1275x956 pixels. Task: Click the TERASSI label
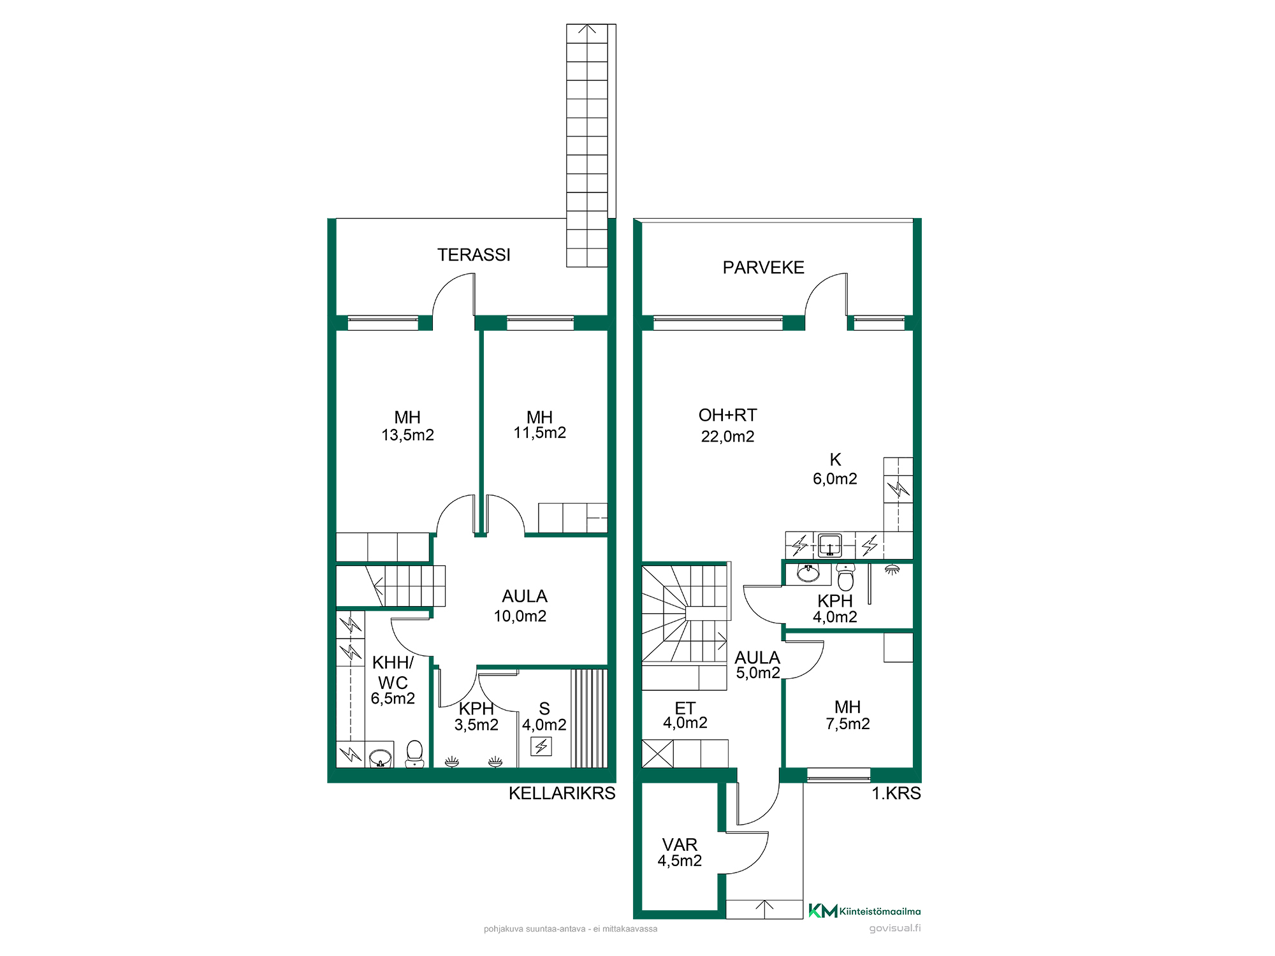474,255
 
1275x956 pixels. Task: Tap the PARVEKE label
763,268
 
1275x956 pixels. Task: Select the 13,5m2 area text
407,435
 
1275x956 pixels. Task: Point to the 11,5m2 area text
539,433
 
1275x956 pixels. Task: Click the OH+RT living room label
727,416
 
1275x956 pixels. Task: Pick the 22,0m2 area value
727,437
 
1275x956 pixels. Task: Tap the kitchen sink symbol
829,545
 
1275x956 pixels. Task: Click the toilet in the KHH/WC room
414,754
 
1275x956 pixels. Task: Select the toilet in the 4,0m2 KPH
845,577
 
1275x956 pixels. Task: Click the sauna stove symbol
541,746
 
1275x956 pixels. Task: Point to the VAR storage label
680,845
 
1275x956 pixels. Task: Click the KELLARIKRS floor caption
562,793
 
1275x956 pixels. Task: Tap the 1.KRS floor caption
896,793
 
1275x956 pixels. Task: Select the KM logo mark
822,911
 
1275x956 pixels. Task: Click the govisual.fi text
895,929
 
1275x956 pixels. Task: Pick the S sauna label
544,709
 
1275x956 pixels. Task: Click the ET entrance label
685,709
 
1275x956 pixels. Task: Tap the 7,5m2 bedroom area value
847,724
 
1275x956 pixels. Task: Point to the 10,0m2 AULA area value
520,616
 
